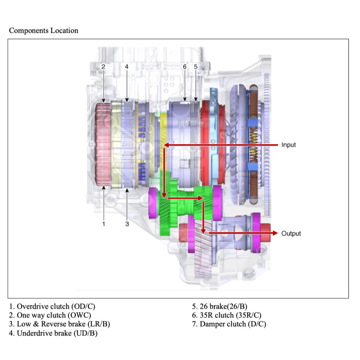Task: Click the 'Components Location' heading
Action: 43,31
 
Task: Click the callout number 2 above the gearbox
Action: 103,67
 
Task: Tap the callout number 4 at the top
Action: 127,67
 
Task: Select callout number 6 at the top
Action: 184,67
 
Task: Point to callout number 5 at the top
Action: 196,67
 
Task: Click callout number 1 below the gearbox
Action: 104,224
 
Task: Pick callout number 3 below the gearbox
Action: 127,224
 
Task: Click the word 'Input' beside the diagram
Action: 288,145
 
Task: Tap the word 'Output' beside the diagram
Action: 291,233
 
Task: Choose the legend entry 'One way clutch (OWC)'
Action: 50,315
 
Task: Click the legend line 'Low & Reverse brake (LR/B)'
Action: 59,324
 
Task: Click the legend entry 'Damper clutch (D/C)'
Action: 229,324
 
